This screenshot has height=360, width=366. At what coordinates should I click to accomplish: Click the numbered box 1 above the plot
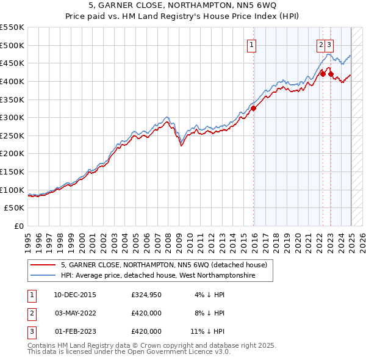[252, 44]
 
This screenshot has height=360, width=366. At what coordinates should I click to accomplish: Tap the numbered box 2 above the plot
[321, 44]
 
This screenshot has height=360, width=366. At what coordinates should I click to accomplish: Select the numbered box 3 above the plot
[329, 44]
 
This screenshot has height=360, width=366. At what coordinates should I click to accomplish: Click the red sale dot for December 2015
[253, 108]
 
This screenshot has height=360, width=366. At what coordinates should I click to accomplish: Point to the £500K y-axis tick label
[12, 45]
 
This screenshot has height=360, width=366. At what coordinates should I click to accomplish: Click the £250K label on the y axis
[12, 135]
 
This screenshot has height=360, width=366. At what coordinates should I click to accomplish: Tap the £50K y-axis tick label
[15, 208]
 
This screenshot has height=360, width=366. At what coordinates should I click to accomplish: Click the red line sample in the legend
[43, 265]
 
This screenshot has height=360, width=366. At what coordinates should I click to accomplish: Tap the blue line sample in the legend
[43, 276]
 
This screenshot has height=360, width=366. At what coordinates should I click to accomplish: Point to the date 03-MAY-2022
[75, 314]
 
